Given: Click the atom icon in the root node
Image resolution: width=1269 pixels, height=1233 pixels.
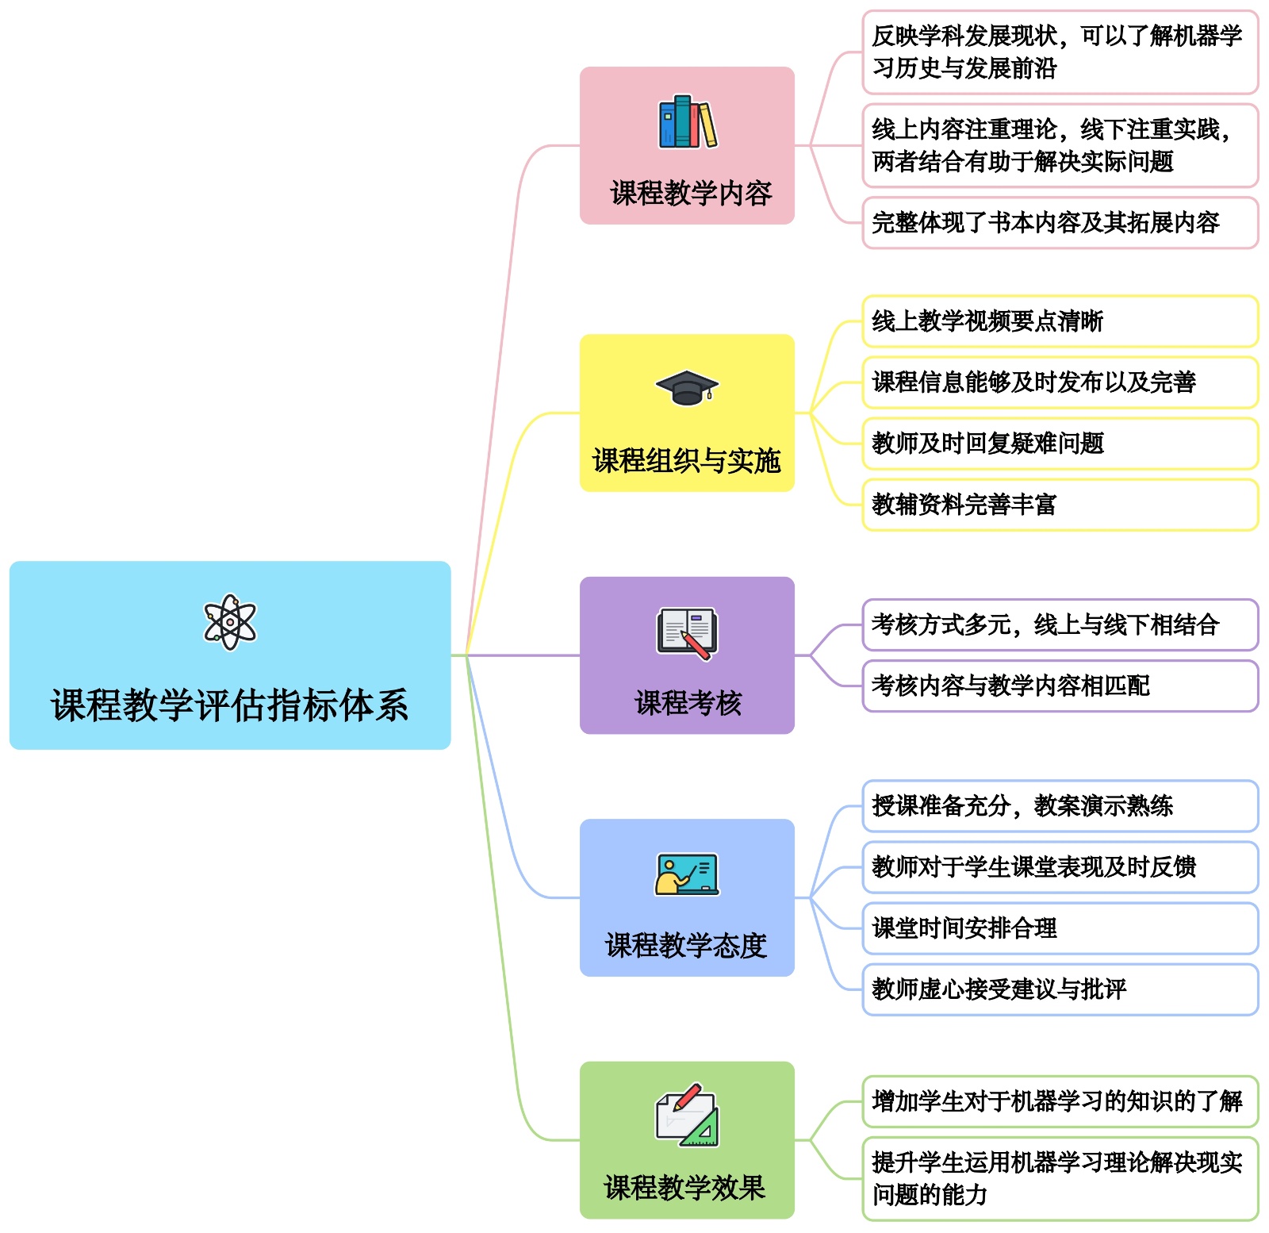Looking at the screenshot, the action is click(x=230, y=622).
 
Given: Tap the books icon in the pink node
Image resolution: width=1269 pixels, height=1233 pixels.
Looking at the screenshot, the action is click(x=688, y=123).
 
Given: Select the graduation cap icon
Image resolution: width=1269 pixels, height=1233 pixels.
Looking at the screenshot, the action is click(x=687, y=388).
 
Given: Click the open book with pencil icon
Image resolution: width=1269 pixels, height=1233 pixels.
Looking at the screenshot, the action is click(x=687, y=633).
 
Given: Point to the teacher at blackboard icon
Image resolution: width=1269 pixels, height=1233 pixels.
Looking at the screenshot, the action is click(x=687, y=874).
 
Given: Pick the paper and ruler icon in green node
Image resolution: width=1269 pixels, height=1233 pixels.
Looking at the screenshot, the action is click(x=687, y=1115).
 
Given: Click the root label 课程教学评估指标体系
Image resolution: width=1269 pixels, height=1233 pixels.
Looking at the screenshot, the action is click(x=230, y=705).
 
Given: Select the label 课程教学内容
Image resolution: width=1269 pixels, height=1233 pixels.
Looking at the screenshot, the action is click(x=691, y=193).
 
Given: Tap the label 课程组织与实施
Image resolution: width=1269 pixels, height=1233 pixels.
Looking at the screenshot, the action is click(x=687, y=460).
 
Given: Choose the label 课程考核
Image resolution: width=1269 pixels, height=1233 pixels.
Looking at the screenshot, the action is click(x=688, y=702).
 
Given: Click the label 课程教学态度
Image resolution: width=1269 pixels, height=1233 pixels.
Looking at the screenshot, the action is click(x=686, y=945).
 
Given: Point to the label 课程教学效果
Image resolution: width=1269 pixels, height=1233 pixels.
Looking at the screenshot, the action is click(x=685, y=1187).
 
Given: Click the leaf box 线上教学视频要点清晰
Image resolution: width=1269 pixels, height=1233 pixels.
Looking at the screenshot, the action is click(x=1060, y=321).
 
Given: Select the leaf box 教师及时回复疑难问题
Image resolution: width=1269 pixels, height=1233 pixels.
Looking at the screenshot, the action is click(x=1060, y=444).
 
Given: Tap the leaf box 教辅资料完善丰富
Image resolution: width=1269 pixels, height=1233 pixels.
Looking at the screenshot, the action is click(x=1060, y=505).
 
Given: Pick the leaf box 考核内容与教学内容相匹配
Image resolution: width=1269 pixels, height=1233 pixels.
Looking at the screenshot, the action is click(x=1060, y=686).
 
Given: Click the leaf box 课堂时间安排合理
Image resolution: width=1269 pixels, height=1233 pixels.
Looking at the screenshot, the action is click(x=1060, y=928).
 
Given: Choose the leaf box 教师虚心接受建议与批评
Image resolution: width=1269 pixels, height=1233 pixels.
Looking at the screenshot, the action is click(x=1060, y=989).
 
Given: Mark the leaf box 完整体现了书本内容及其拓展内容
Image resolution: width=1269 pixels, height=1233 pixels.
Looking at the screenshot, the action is click(x=1060, y=223).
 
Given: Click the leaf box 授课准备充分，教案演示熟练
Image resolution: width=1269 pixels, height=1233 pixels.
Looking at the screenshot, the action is click(x=1060, y=805).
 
